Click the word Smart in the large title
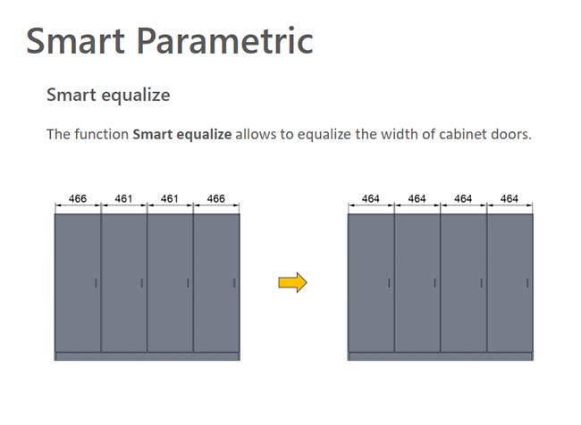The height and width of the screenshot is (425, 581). [75, 41]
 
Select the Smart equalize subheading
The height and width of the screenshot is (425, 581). [108, 96]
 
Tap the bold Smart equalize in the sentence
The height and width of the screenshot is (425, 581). [182, 135]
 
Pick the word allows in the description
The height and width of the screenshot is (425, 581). [256, 134]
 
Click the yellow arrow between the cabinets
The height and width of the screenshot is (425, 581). [292, 282]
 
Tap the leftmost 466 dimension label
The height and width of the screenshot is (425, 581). [78, 199]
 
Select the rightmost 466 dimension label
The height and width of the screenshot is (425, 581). [216, 199]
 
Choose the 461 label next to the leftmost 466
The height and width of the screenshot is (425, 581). [123, 199]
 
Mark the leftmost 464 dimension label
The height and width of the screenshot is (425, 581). [371, 199]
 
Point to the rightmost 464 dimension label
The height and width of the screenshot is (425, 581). [509, 199]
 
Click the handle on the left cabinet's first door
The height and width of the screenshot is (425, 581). [96, 283]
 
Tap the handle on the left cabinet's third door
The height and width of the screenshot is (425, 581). [188, 283]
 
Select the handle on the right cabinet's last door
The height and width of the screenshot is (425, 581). [527, 283]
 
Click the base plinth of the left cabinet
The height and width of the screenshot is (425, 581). [147, 356]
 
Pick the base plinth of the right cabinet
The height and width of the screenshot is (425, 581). [440, 356]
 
